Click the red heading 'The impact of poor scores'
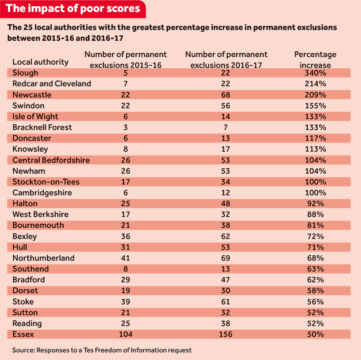tap(73, 9)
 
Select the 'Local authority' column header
tap(40, 62)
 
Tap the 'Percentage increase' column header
tap(315, 60)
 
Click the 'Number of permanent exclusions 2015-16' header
tap(126, 60)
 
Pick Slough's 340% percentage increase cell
tap(315, 73)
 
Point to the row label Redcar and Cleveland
tap(52, 84)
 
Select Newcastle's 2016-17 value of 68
tap(226, 95)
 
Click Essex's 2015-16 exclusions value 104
tap(126, 334)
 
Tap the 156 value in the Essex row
tap(226, 334)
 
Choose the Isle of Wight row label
tap(35, 117)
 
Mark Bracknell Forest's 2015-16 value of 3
tap(126, 127)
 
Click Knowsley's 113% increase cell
tap(315, 149)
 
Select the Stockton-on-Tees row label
tap(46, 182)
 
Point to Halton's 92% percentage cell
tap(315, 204)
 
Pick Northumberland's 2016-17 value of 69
tap(226, 258)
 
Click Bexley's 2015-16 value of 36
tap(126, 237)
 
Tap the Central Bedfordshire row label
tap(51, 160)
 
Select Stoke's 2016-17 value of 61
tap(226, 302)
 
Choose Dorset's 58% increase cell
tap(315, 291)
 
